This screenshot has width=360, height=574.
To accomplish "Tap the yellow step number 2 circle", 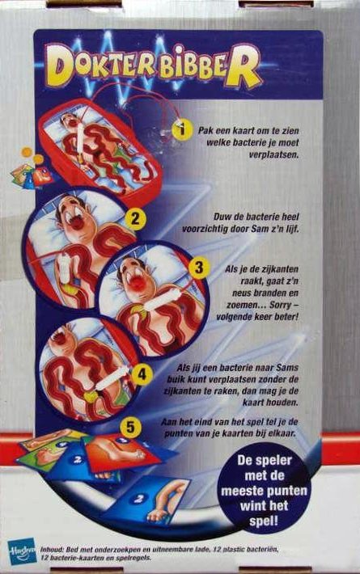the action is point(135,219).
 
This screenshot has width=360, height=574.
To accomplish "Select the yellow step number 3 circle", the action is point(198,268).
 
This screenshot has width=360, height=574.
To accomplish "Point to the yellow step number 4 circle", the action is point(142,374).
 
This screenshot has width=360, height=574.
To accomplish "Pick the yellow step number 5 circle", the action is point(131,428).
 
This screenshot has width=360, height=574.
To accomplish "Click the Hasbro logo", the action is point(22,551).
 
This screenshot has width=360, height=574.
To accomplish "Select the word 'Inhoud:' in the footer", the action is point(52,550).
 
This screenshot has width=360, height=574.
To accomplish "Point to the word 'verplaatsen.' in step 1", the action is point(274,155).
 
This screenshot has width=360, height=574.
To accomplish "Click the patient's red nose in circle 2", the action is point(76,222).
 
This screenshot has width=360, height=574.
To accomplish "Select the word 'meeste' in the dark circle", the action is point(244,491).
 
